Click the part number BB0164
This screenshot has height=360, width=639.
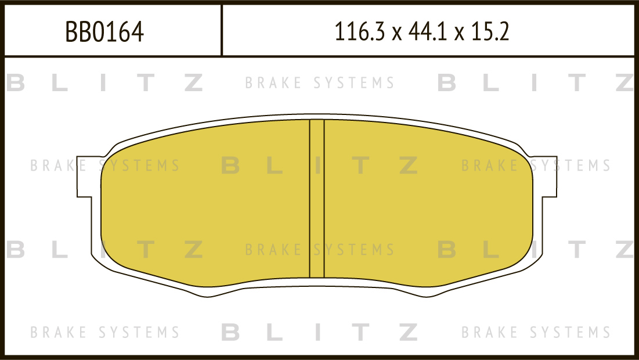[104, 32]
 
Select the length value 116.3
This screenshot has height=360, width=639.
[359, 32]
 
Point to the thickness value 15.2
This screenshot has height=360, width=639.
[490, 32]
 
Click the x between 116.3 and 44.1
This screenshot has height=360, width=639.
[396, 34]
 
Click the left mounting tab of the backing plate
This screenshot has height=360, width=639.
[88, 177]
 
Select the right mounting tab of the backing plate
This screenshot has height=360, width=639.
[545, 177]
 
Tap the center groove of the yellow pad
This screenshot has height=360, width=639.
[317, 199]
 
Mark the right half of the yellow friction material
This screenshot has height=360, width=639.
[428, 203]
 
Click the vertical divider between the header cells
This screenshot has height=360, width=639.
[222, 30]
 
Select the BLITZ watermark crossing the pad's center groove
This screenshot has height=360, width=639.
[320, 165]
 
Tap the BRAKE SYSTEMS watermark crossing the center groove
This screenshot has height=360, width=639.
[320, 250]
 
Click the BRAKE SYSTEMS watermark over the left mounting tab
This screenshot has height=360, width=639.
[104, 165]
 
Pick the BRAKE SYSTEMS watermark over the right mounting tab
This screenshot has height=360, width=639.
[536, 165]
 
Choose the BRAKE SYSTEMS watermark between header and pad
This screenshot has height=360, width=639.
[320, 83]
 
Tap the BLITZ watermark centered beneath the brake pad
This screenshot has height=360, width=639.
[320, 332]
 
